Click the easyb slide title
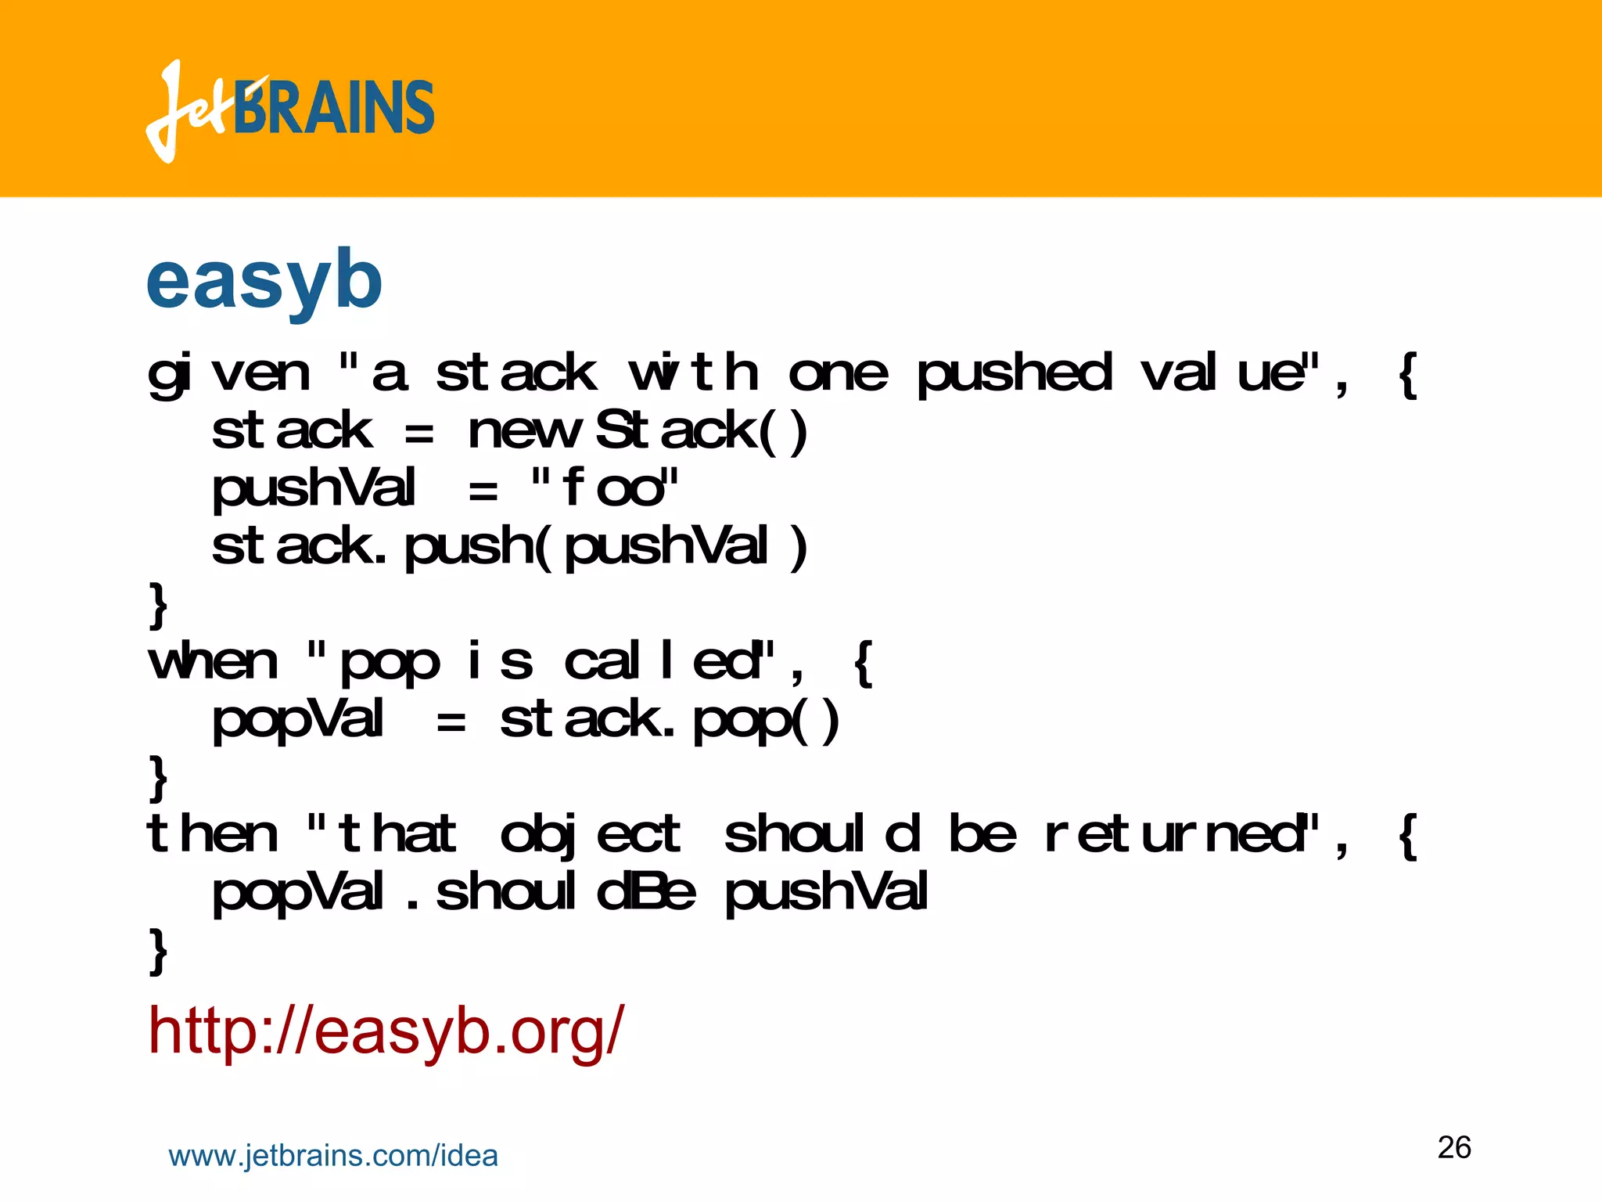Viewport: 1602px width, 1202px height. [x=264, y=279]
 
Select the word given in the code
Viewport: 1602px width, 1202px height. [x=228, y=373]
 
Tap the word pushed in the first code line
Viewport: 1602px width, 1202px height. [x=1014, y=373]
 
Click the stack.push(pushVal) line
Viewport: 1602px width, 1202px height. [x=508, y=545]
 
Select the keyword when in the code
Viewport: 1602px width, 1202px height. [x=213, y=662]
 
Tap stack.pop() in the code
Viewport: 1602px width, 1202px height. [x=670, y=720]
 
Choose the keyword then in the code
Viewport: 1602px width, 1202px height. [x=211, y=834]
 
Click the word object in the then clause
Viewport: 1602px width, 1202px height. [x=591, y=834]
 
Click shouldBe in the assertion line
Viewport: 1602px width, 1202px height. [x=565, y=892]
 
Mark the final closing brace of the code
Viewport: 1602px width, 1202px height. [x=158, y=950]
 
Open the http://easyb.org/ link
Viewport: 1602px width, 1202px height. [x=386, y=1031]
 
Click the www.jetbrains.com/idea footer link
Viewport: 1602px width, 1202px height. [x=333, y=1156]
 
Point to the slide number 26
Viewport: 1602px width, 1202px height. [x=1454, y=1147]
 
